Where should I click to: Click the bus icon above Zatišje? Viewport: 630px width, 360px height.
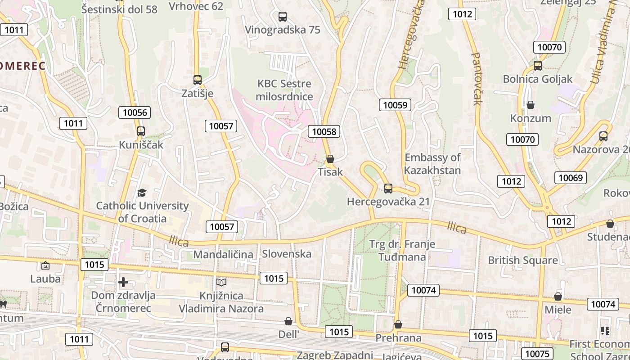tap(197, 80)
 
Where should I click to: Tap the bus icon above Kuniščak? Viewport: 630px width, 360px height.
tap(141, 131)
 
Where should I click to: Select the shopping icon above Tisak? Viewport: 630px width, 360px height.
tap(330, 159)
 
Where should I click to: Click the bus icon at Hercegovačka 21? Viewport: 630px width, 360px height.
tap(388, 189)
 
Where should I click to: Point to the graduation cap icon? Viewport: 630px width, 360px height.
tap(142, 193)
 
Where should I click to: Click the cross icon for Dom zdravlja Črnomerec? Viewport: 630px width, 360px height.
tap(123, 282)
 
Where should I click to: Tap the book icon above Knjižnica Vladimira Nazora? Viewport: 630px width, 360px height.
tap(221, 282)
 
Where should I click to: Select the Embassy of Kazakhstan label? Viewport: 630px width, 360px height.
tap(432, 164)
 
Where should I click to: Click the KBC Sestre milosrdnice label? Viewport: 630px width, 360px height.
tap(284, 90)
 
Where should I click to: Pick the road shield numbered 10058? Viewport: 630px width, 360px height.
tap(324, 131)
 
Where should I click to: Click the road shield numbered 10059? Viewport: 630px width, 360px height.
tap(395, 105)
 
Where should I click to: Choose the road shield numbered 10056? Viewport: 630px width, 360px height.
tap(135, 112)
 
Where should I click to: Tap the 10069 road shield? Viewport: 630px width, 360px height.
tap(570, 178)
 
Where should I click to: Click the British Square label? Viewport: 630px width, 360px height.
tap(522, 260)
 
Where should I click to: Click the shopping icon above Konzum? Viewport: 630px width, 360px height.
tap(531, 105)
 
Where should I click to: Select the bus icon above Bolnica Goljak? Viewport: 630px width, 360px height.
tap(537, 66)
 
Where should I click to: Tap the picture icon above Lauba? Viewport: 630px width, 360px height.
tap(45, 265)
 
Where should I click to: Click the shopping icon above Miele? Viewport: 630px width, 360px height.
tap(558, 297)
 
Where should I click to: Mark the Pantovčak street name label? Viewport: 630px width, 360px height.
tap(476, 79)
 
